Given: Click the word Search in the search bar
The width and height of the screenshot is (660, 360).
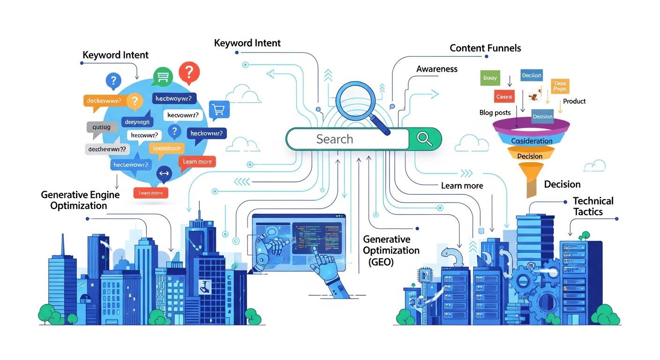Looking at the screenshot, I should [334, 139].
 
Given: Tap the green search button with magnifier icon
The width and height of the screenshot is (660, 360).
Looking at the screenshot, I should [425, 139].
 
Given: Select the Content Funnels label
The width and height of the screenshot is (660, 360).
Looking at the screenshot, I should [485, 48].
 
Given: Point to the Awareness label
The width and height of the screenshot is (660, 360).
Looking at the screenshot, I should [436, 69].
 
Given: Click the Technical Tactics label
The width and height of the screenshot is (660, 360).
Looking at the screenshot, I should [592, 206].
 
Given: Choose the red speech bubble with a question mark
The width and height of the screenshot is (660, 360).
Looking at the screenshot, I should [189, 73].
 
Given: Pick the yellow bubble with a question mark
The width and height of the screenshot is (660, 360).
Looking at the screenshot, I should [135, 101].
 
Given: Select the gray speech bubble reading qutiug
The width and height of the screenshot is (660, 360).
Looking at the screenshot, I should [101, 127].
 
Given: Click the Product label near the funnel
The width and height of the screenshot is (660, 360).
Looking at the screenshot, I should [574, 101].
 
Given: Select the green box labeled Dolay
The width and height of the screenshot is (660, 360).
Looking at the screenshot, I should [490, 78].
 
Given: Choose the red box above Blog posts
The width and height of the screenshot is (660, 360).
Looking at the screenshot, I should [504, 97].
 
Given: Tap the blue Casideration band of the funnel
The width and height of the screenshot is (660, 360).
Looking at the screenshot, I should [531, 141].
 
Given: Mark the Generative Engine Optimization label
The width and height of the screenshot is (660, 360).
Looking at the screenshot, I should [80, 200].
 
